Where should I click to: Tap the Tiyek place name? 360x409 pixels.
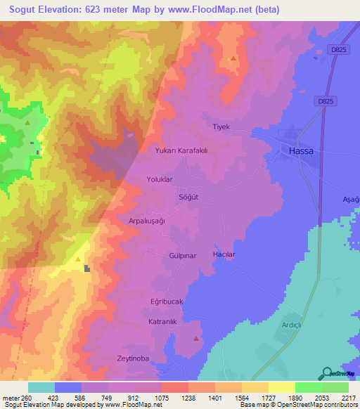point(221,126)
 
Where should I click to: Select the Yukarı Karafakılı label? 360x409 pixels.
point(183,150)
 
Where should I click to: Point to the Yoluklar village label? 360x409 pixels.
point(159,179)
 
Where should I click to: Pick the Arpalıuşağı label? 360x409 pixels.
point(146,221)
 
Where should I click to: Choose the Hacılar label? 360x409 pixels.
point(224,254)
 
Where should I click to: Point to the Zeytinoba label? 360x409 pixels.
point(134,358)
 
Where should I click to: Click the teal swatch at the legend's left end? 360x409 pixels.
point(41,387)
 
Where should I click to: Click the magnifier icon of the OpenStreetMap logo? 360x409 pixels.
point(326,375)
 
